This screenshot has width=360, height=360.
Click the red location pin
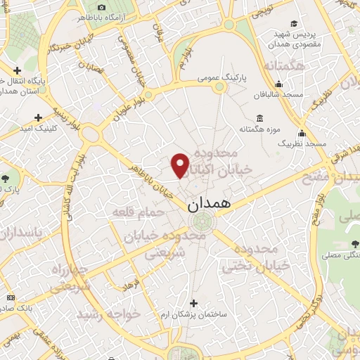[181, 164]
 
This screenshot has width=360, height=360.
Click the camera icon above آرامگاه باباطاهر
[101, 6]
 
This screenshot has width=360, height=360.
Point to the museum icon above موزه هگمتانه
[260, 117]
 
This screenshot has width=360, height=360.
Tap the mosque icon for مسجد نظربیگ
[302, 133]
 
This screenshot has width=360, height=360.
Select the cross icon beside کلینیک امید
[38, 117]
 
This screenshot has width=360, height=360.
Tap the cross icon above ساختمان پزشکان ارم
[193, 303]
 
